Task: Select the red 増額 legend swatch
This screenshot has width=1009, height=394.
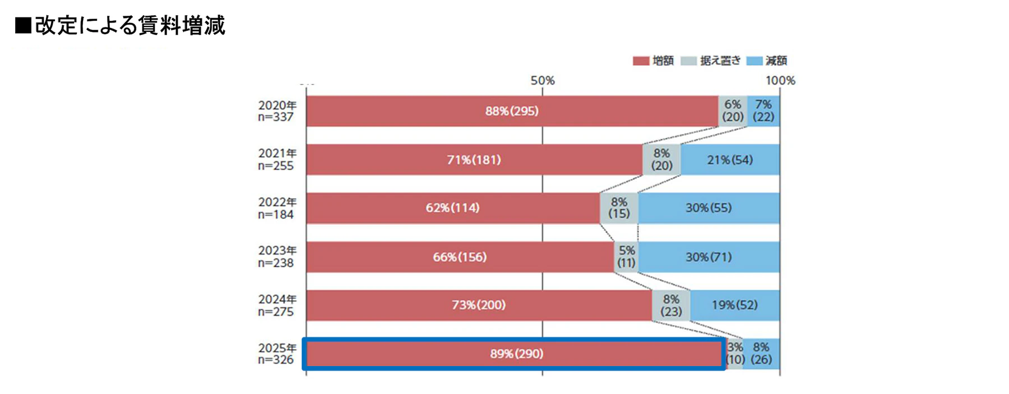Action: [x=640, y=61]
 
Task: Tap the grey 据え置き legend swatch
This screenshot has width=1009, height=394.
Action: [x=688, y=61]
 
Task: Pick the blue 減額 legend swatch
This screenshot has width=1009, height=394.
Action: [x=754, y=61]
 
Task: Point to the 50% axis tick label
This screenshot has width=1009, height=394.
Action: [x=542, y=81]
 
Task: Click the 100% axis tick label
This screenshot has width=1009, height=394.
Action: [x=780, y=81]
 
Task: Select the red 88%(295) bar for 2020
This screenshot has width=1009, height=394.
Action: [x=512, y=111]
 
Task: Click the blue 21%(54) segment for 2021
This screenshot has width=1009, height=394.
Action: [x=730, y=160]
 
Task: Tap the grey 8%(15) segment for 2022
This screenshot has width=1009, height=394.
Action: [x=619, y=208]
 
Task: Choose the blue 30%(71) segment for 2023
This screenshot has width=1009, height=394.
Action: [x=709, y=257]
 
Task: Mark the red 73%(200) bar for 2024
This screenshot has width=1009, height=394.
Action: [x=479, y=305]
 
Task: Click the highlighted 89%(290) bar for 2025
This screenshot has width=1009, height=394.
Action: [x=516, y=354]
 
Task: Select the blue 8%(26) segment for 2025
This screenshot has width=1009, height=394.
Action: [x=761, y=354]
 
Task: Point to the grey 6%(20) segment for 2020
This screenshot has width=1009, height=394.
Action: [x=733, y=111]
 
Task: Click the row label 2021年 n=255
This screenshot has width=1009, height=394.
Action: [x=276, y=159]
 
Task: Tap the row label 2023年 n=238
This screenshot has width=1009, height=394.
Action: [x=276, y=256]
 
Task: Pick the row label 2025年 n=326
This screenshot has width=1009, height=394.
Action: [x=276, y=354]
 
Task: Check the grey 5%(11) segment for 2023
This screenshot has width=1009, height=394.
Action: [x=626, y=257]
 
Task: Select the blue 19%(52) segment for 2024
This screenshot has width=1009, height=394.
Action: [x=734, y=305]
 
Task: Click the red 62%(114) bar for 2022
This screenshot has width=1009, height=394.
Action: [x=452, y=208]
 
